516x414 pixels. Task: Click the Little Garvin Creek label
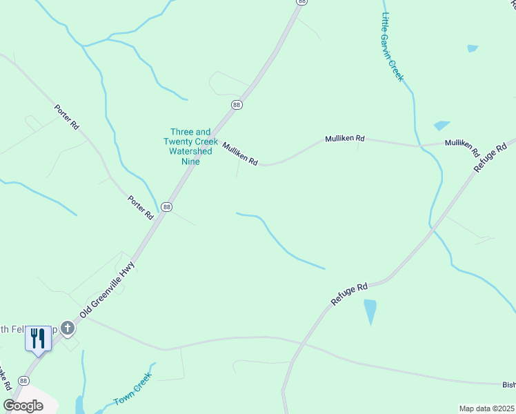click(x=392, y=47)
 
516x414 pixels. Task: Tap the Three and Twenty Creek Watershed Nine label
click(x=191, y=146)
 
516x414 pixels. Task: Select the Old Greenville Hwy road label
click(x=107, y=289)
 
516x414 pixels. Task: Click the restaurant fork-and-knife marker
click(x=39, y=338)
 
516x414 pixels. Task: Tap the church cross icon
click(x=67, y=328)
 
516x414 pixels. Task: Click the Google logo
click(x=23, y=405)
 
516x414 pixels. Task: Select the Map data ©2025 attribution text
click(x=486, y=408)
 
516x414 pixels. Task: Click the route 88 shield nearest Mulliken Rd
click(x=237, y=105)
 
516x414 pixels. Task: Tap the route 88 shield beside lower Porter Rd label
click(x=166, y=206)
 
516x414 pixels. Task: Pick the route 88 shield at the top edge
click(x=301, y=2)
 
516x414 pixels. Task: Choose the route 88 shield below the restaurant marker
click(x=24, y=381)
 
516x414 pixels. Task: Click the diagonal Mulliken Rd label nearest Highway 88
click(x=240, y=153)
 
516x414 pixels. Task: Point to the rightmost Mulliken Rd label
click(x=462, y=146)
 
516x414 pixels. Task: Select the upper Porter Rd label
click(x=67, y=117)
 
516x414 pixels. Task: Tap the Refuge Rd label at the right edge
click(x=495, y=155)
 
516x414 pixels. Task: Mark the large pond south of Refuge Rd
click(x=370, y=312)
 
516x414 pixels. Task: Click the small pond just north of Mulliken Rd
click(x=441, y=126)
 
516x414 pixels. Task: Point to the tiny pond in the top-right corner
click(x=473, y=48)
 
